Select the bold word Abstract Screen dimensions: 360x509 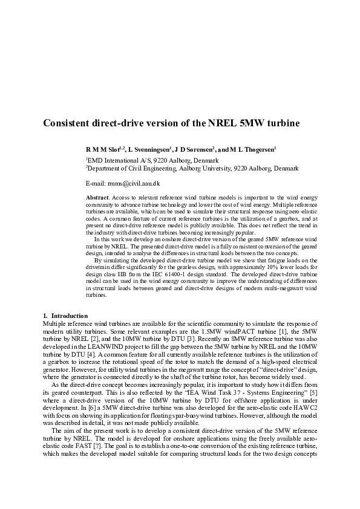point(97,198)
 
